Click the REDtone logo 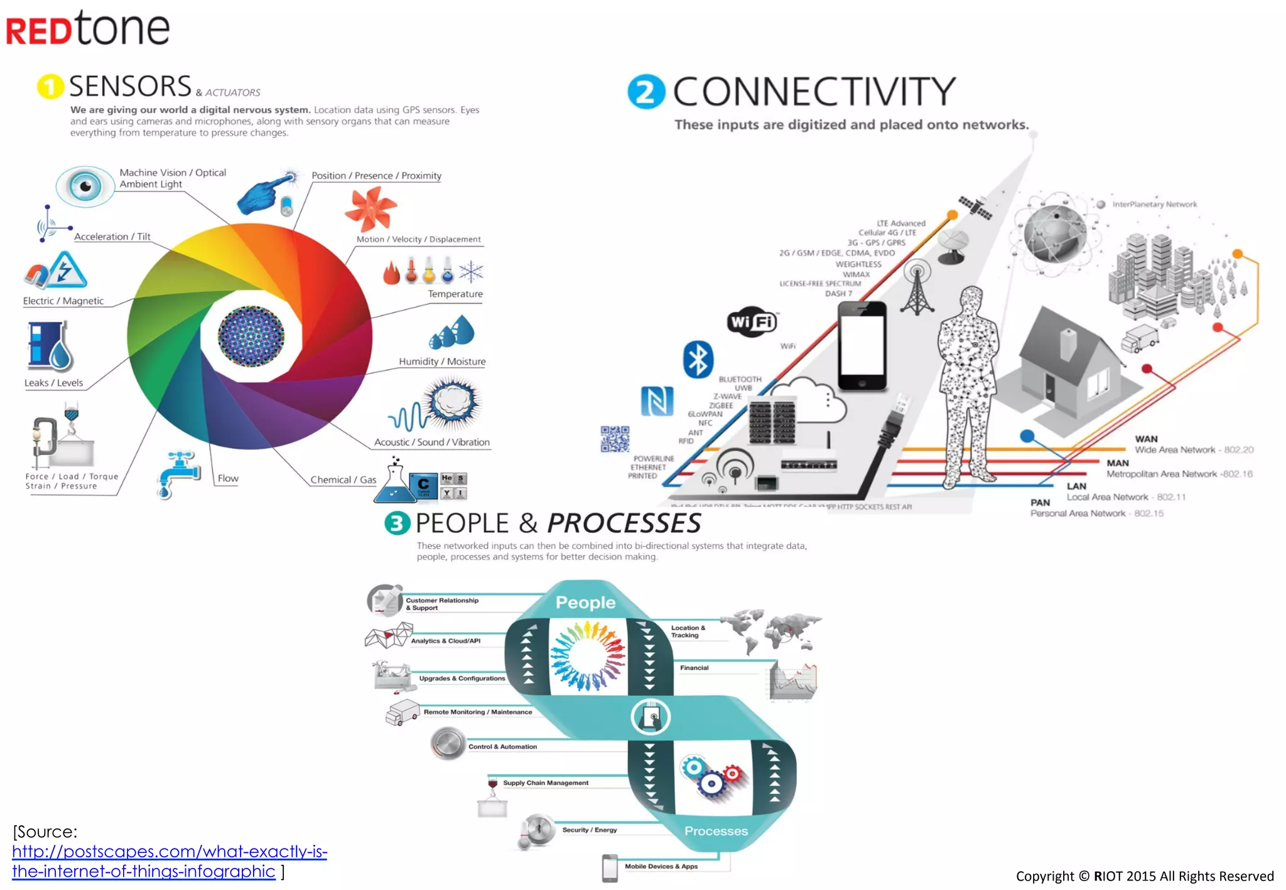[88, 29]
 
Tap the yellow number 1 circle [51, 87]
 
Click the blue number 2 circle [646, 92]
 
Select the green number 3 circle [397, 523]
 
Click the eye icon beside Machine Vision [85, 186]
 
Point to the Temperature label [455, 294]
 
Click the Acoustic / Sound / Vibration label [431, 442]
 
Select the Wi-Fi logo [752, 322]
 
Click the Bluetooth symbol [698, 360]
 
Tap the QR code [615, 439]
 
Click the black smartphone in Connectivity [862, 346]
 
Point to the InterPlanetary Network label [1154, 204]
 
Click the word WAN [1146, 439]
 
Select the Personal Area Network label [1078, 513]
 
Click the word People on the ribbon [585, 603]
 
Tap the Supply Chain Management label [545, 783]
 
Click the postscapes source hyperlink [169, 861]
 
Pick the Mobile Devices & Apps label [661, 866]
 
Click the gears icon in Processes [712, 776]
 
